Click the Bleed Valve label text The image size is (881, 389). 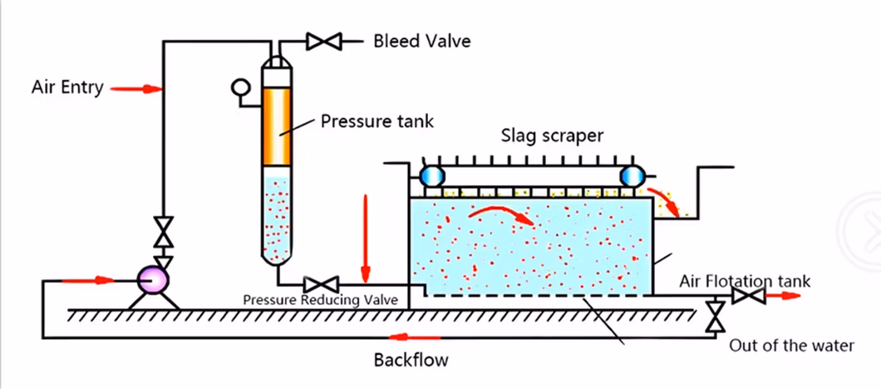[x=421, y=41]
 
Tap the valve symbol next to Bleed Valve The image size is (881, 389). [x=321, y=40]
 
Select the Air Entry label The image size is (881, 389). [x=67, y=86]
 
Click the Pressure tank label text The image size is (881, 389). [x=377, y=122]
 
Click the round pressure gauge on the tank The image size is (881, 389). [x=241, y=86]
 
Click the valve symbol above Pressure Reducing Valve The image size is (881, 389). [x=321, y=283]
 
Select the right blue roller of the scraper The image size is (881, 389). [x=633, y=176]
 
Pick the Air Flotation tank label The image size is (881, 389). [x=744, y=281]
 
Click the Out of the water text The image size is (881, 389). [x=791, y=345]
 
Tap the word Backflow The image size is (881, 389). [x=411, y=360]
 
